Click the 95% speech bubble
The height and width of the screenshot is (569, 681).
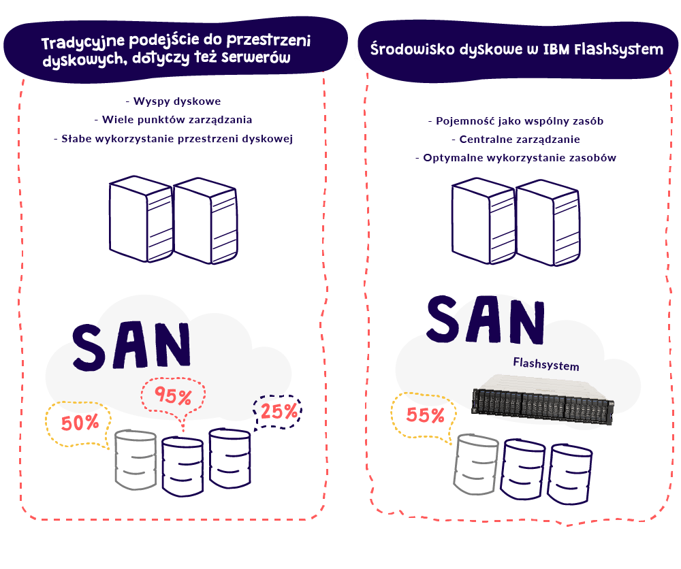point(173,397)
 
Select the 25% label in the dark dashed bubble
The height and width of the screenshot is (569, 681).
point(278,411)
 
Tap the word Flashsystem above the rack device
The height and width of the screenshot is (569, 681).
point(545,365)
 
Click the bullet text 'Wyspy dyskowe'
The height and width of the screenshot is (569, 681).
point(173,102)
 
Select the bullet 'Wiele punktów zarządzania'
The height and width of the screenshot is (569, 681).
point(173,120)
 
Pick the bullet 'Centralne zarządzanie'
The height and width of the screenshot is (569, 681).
point(516,140)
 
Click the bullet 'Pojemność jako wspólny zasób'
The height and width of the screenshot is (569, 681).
point(516,122)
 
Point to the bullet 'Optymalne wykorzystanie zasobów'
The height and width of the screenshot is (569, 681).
point(516,158)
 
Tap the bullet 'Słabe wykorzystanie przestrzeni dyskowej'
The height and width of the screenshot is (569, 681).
point(173,139)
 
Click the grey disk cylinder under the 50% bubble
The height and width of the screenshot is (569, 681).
point(136,459)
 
